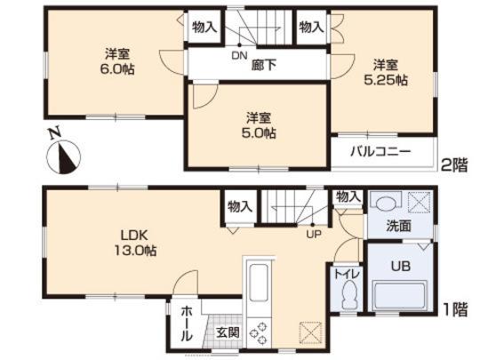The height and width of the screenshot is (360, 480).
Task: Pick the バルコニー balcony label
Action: coord(380,152)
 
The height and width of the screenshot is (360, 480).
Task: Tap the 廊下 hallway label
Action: coord(263,64)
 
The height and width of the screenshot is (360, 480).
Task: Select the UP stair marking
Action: coord(313,235)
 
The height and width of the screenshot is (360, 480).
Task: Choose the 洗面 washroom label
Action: coord(398,226)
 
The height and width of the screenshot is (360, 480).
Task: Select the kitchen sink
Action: coord(260,284)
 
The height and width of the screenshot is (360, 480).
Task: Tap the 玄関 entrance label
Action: coord(227,332)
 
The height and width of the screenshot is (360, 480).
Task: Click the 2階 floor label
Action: coord(455,164)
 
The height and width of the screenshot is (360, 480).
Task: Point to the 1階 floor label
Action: coord(455,311)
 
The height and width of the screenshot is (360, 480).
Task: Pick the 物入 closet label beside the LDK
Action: coord(239,206)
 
